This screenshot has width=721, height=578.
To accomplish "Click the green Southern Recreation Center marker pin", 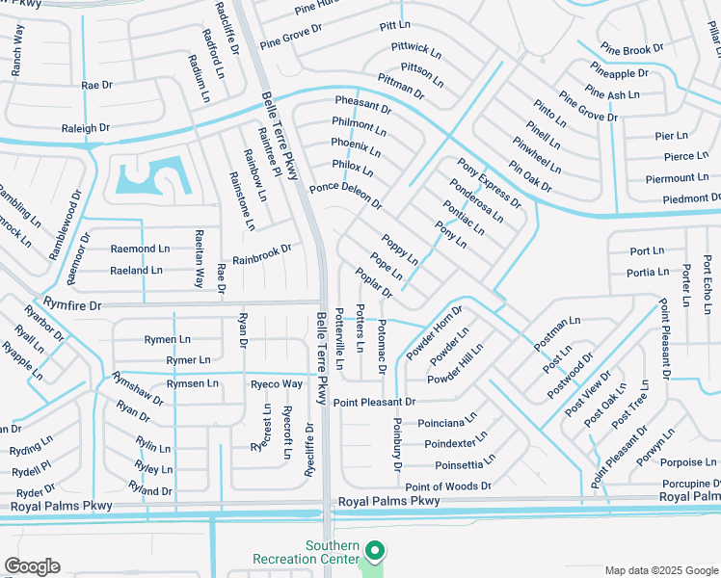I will (x=375, y=551).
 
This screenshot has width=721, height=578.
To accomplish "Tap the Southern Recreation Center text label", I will (x=306, y=552).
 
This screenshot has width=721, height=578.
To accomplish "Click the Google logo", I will (x=32, y=566).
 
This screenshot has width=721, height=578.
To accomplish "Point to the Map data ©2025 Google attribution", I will (x=661, y=570).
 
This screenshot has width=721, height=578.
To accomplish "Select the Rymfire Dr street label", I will (x=72, y=304).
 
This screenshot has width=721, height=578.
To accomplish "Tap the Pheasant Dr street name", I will (x=362, y=105).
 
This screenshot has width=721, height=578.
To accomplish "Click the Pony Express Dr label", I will (x=489, y=183).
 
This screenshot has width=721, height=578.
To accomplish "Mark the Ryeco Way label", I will (x=277, y=383).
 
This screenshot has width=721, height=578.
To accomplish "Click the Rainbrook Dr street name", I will (x=261, y=252).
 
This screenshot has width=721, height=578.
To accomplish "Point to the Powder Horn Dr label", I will (x=435, y=332).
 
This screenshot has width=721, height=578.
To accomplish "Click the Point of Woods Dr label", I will (x=448, y=487).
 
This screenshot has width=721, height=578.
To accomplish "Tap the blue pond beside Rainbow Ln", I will (x=150, y=176).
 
